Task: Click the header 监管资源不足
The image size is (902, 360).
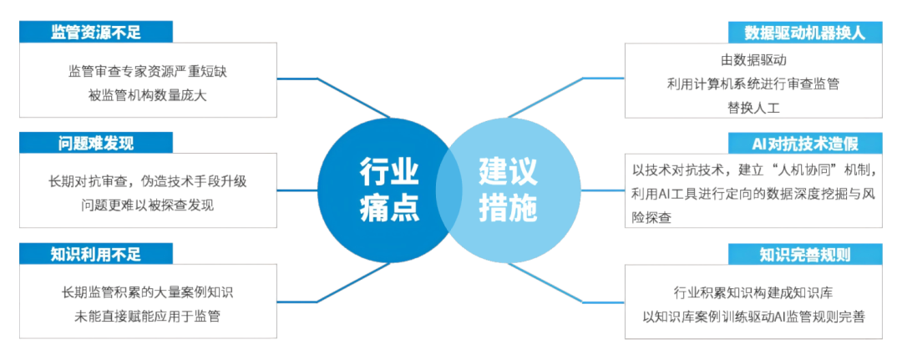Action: point(97,32)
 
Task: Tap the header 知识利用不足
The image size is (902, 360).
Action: point(97,253)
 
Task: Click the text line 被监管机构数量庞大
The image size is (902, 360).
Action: point(147,94)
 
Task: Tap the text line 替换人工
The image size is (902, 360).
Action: point(753,107)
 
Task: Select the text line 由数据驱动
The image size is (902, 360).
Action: point(753,60)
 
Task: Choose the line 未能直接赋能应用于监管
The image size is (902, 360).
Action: point(147,316)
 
